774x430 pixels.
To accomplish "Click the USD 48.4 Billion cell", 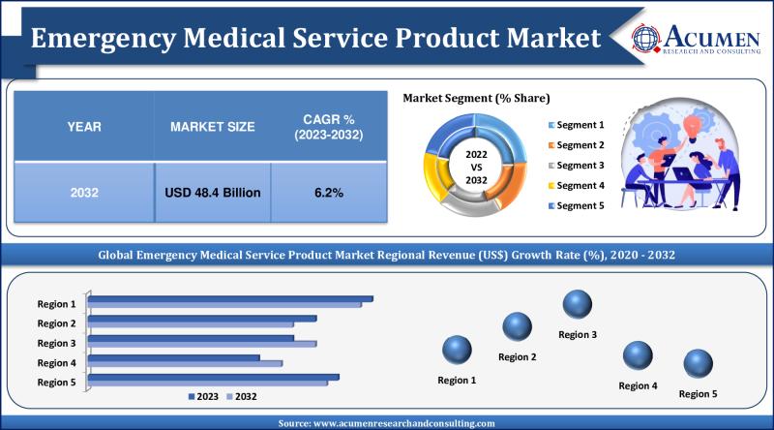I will point(212,193).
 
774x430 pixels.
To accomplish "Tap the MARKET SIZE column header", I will point(212,127).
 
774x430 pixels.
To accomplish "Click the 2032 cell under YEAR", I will point(83,193).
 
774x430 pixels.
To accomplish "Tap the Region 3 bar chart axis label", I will point(57,343).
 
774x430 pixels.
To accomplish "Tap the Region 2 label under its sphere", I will point(518,357).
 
